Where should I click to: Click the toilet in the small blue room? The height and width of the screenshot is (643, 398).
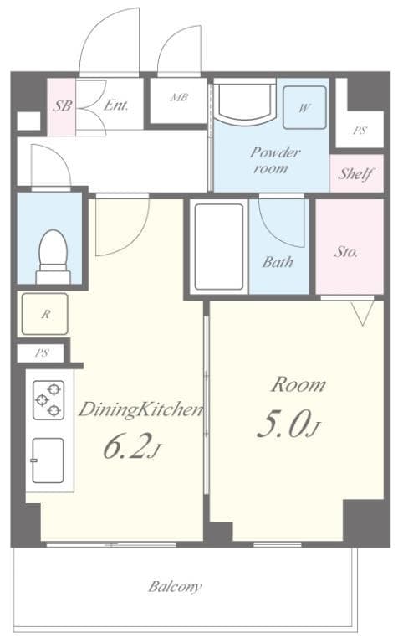pos(53,255)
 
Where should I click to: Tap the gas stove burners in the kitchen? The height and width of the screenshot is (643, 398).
pos(48,400)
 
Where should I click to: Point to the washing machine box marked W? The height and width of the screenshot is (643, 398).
pos(304,108)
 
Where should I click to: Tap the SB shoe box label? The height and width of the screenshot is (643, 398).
pos(61,106)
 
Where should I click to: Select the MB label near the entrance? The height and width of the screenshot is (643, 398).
pos(178,98)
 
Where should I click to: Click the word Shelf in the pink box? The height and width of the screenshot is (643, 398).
pos(355,175)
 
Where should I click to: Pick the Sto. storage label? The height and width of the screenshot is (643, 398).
pos(346,250)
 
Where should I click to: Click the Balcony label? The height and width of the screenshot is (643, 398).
pos(175,587)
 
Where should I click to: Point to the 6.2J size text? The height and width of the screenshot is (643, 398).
pos(130,448)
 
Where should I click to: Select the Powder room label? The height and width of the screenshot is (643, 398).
pos(273,160)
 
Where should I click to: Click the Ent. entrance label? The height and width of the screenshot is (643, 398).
pos(115,105)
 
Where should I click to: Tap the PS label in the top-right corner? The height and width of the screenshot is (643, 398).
pos(360,130)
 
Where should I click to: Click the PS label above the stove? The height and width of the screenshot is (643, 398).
pos(41,352)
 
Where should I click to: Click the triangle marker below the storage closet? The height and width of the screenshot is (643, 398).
pos(360,314)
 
